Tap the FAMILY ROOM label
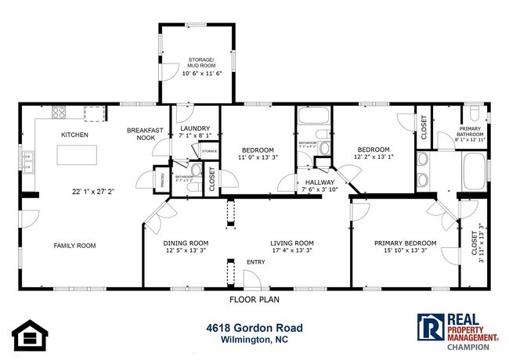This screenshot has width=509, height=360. (74, 246)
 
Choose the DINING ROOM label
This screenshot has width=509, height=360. (186, 243)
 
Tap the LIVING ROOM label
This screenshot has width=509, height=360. (292, 243)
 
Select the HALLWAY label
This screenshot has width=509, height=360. (309, 181)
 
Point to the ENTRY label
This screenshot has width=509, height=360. (256, 262)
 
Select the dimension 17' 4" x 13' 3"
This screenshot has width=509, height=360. (292, 251)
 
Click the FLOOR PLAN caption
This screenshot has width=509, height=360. (254, 299)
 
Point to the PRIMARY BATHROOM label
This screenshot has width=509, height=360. (471, 132)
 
